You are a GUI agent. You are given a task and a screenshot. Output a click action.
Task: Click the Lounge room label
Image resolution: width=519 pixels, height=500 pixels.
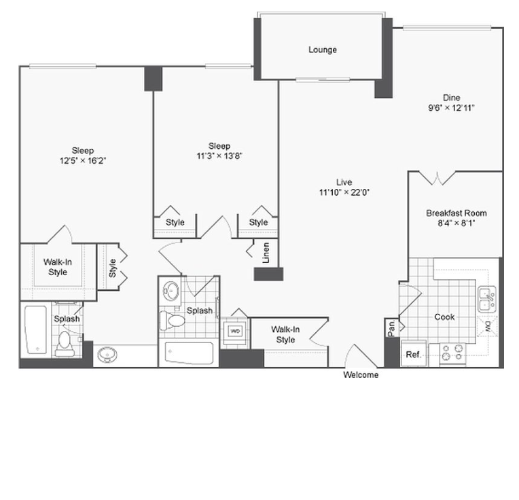pyautogui.click(x=323, y=50)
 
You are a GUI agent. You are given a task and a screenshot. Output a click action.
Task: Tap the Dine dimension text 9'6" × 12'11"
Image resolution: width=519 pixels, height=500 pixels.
pyautogui.click(x=451, y=107)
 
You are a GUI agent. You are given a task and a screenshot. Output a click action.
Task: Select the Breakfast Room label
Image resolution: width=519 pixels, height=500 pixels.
pyautogui.click(x=456, y=213)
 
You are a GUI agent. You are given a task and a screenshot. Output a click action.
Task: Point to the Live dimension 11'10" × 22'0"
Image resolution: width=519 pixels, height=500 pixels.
pyautogui.click(x=344, y=192)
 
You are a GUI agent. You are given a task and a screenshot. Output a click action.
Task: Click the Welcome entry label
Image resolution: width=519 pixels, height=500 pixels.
pyautogui.click(x=361, y=374)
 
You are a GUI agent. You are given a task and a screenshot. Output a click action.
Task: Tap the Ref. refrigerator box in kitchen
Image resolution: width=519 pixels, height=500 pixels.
pyautogui.click(x=414, y=353)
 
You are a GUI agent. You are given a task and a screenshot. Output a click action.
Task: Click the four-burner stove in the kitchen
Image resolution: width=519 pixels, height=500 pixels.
pyautogui.click(x=452, y=354)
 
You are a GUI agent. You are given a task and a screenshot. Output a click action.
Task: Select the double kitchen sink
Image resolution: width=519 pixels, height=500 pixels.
pyautogui.click(x=487, y=300)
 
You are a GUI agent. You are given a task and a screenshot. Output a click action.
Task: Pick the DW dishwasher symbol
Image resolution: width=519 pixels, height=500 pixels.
pyautogui.click(x=487, y=326)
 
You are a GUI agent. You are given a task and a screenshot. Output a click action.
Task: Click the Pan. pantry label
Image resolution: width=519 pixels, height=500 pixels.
pyautogui.click(x=391, y=328)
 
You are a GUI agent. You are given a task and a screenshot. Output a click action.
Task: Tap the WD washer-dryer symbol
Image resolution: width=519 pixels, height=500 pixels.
pyautogui.click(x=235, y=331)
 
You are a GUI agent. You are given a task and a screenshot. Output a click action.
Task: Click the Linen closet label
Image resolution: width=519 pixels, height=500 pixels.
pyautogui.click(x=266, y=253)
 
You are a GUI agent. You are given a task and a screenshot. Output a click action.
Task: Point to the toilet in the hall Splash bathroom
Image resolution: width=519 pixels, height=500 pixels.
pyautogui.click(x=172, y=321)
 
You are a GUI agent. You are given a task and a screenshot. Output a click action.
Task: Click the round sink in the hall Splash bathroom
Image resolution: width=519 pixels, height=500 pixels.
pyautogui.click(x=171, y=291)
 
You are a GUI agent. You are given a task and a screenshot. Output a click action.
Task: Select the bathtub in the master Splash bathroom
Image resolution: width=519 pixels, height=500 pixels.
pyautogui.click(x=36, y=330)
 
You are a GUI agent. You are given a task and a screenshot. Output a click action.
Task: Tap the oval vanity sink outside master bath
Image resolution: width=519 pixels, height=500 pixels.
pyautogui.click(x=107, y=355)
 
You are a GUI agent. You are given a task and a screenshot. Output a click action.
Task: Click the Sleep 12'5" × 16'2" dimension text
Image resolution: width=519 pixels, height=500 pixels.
pyautogui.click(x=83, y=161)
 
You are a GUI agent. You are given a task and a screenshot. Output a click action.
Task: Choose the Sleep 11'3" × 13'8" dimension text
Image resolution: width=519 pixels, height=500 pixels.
pyautogui.click(x=219, y=156)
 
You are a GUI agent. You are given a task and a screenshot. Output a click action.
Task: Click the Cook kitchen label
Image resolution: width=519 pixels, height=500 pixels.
pyautogui.click(x=444, y=317)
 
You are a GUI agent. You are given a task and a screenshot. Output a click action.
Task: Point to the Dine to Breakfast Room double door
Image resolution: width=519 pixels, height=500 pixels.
pyautogui.click(x=437, y=178)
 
